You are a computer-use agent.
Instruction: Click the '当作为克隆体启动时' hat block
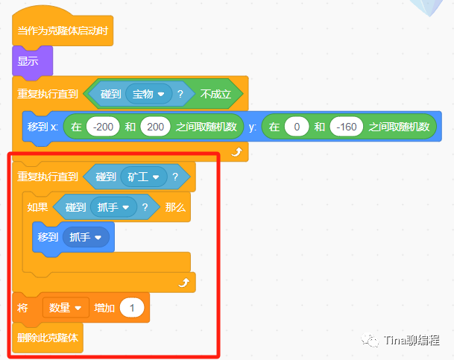(63, 31)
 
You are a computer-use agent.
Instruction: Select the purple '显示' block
(29, 60)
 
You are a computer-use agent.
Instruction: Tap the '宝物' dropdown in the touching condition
(149, 94)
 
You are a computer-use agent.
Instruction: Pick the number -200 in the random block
(103, 127)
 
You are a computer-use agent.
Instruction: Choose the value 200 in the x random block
(154, 127)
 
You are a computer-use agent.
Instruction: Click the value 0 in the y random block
(297, 127)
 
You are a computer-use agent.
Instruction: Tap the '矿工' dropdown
(143, 177)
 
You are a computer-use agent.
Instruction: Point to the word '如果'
(38, 207)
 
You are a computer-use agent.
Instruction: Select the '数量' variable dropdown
(64, 308)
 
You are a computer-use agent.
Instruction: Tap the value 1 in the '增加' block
(132, 308)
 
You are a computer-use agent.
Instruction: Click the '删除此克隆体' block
(48, 338)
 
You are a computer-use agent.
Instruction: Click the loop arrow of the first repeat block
(237, 151)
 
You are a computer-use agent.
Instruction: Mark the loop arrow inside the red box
(183, 282)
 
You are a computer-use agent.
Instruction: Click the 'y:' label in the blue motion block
(253, 127)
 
